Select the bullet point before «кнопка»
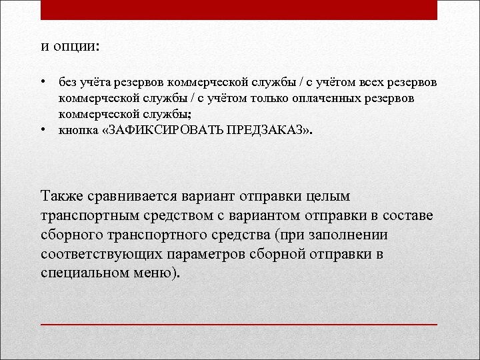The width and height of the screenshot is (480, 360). click(42, 130)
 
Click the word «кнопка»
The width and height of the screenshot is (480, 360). click(77, 131)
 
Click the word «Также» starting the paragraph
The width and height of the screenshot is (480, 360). click(62, 197)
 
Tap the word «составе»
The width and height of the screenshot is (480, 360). click(408, 216)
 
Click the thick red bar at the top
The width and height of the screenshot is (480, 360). click(239, 10)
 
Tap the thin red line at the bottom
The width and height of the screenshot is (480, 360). click(239, 324)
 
